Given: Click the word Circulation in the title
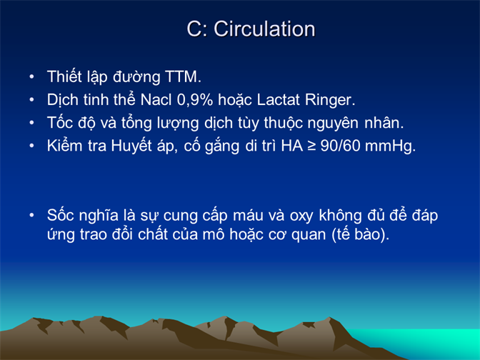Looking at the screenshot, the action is point(264,29).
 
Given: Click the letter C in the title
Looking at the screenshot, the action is point(194,29).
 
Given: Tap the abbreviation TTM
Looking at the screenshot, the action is point(183,76).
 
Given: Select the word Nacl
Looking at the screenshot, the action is point(156,99).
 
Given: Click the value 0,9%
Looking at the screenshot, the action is point(195,100).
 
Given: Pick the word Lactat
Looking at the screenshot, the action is point(278,99).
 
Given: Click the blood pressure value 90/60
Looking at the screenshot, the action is point(340,146).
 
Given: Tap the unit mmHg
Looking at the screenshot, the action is point(390,146).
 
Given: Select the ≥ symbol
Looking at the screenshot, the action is point(311,146).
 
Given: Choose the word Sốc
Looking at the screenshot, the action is point(60,214).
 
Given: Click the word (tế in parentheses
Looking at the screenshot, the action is point(341,235).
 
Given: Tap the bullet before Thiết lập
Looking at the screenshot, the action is point(31,77).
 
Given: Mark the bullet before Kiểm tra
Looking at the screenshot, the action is point(31,146).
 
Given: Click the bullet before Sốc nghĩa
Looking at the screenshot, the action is point(31,216).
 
